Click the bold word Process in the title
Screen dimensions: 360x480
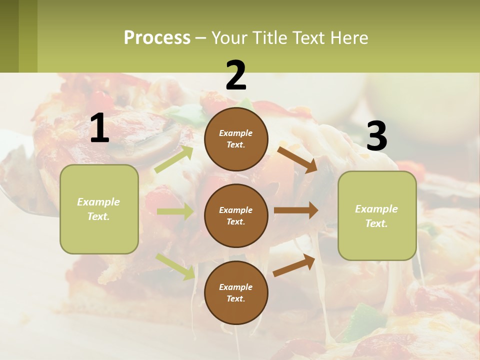157,38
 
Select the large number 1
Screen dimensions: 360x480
99,128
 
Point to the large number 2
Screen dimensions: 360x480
236,75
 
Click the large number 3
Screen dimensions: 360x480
376,136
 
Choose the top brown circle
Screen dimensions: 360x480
236,139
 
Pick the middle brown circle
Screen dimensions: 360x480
236,215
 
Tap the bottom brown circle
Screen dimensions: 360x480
236,292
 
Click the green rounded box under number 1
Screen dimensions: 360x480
99,209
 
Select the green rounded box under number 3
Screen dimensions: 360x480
377,215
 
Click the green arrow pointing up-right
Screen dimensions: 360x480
174,159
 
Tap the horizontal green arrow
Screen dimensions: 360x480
175,211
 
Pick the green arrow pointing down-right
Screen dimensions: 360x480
175,266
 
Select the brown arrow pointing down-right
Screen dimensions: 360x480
297,159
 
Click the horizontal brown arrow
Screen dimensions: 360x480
296,210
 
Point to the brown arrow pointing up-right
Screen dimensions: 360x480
294,265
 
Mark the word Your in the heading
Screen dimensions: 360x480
229,38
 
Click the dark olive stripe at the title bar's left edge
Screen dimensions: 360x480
9,36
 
